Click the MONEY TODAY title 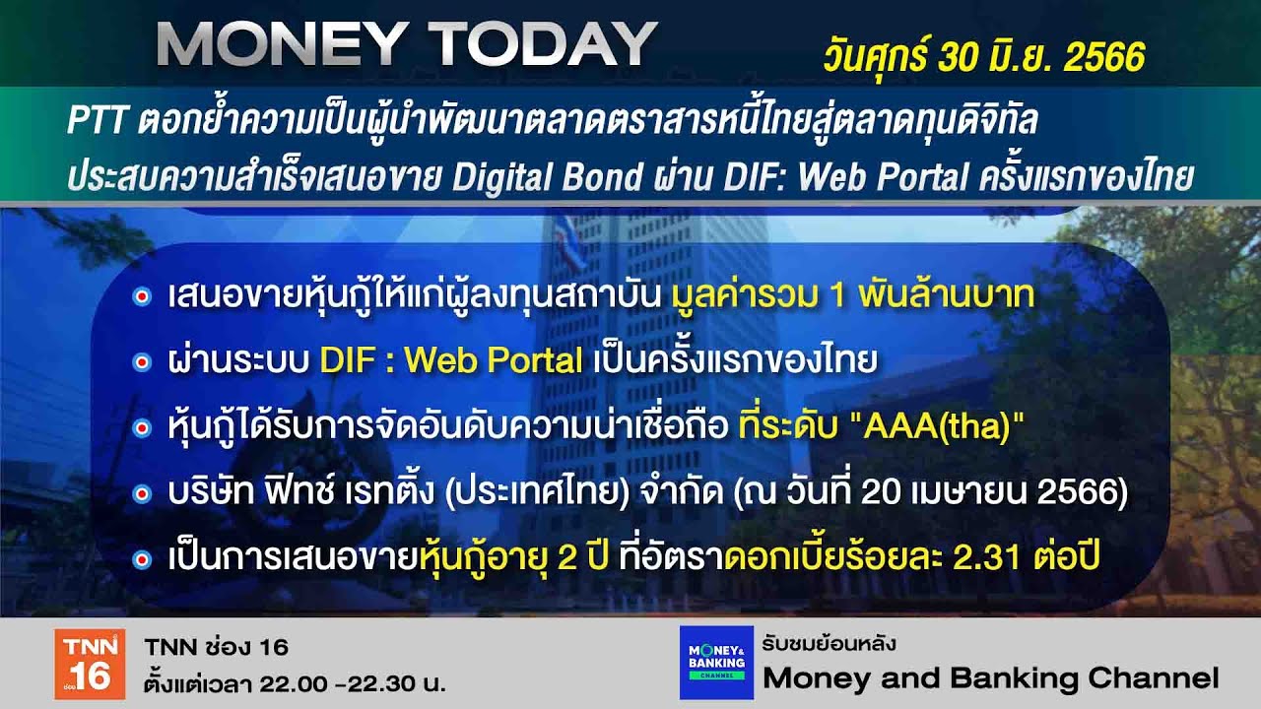(x=406, y=44)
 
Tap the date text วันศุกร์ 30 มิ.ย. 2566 (x=983, y=57)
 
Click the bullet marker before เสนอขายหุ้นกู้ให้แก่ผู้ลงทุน (x=141, y=296)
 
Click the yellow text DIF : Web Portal (x=451, y=361)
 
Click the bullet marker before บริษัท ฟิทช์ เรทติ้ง (x=141, y=493)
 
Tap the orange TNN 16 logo (x=90, y=664)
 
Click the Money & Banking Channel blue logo (x=716, y=663)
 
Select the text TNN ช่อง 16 (x=216, y=647)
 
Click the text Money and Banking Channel (x=990, y=677)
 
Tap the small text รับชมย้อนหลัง (x=828, y=644)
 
